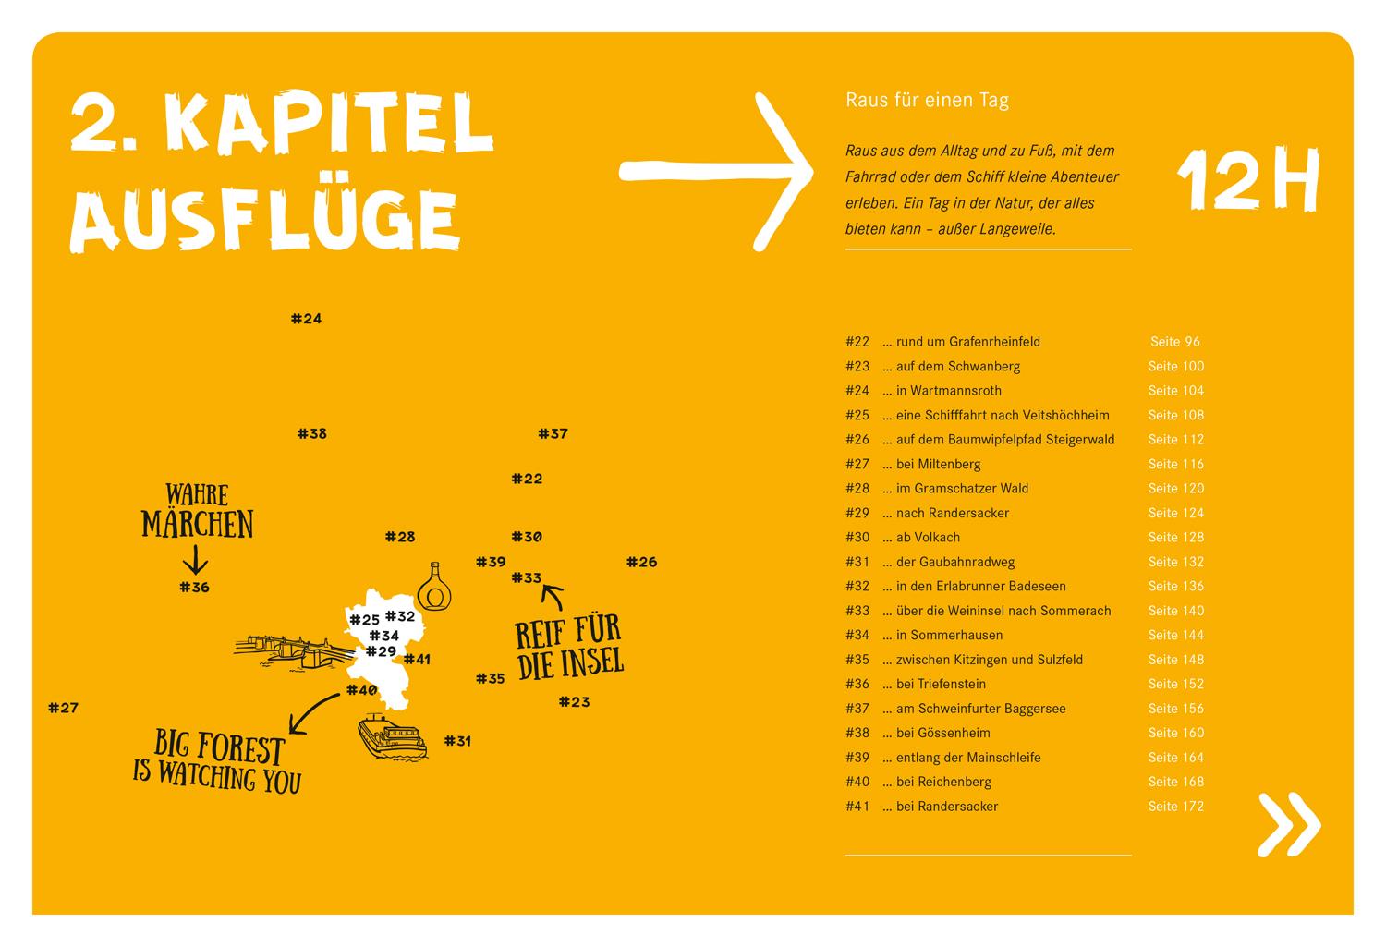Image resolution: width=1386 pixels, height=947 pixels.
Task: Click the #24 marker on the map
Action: pos(306,319)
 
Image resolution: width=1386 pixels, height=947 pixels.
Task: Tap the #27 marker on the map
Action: pos(63,708)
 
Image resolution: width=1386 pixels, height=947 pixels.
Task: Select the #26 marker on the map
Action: pos(641,562)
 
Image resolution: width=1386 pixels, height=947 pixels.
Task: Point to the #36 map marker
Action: pos(194,587)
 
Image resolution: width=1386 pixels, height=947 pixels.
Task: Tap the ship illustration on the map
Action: pos(393,736)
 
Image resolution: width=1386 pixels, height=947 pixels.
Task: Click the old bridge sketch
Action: pos(291,650)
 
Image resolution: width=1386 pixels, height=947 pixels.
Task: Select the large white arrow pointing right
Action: pos(716,171)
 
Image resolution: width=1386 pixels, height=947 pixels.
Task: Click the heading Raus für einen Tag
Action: pos(927,100)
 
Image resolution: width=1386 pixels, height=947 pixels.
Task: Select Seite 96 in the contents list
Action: pos(1174,342)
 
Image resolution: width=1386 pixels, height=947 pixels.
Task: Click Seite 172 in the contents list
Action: pos(1175,807)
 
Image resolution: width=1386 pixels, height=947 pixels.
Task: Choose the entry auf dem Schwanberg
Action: pos(957,366)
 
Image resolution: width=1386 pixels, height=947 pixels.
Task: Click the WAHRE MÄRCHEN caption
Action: pos(197,511)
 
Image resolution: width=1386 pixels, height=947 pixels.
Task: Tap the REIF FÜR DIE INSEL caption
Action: pos(568,648)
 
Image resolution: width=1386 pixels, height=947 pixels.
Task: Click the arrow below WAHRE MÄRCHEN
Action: pos(195,560)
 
